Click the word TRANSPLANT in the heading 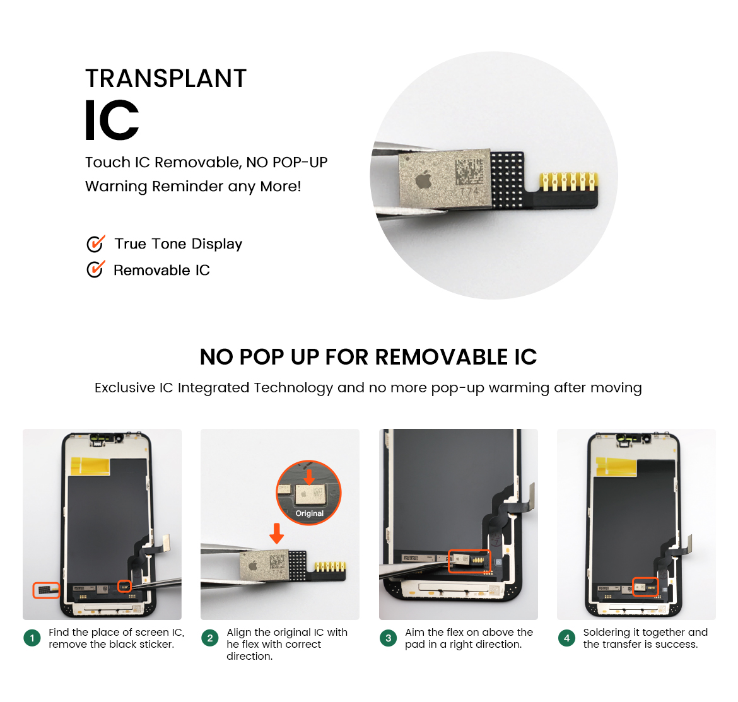tap(166, 78)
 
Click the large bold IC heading tap(112, 120)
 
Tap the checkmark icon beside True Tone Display tap(95, 243)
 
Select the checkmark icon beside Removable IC tap(95, 269)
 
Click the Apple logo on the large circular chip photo tap(424, 178)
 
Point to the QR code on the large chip tap(469, 172)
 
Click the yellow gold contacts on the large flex tap(569, 182)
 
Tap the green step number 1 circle tap(32, 638)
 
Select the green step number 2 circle tap(210, 638)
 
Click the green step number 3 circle tap(389, 638)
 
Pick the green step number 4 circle tap(566, 638)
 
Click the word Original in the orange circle tap(309, 513)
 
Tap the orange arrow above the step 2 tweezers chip tap(277, 533)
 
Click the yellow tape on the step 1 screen tap(90, 465)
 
